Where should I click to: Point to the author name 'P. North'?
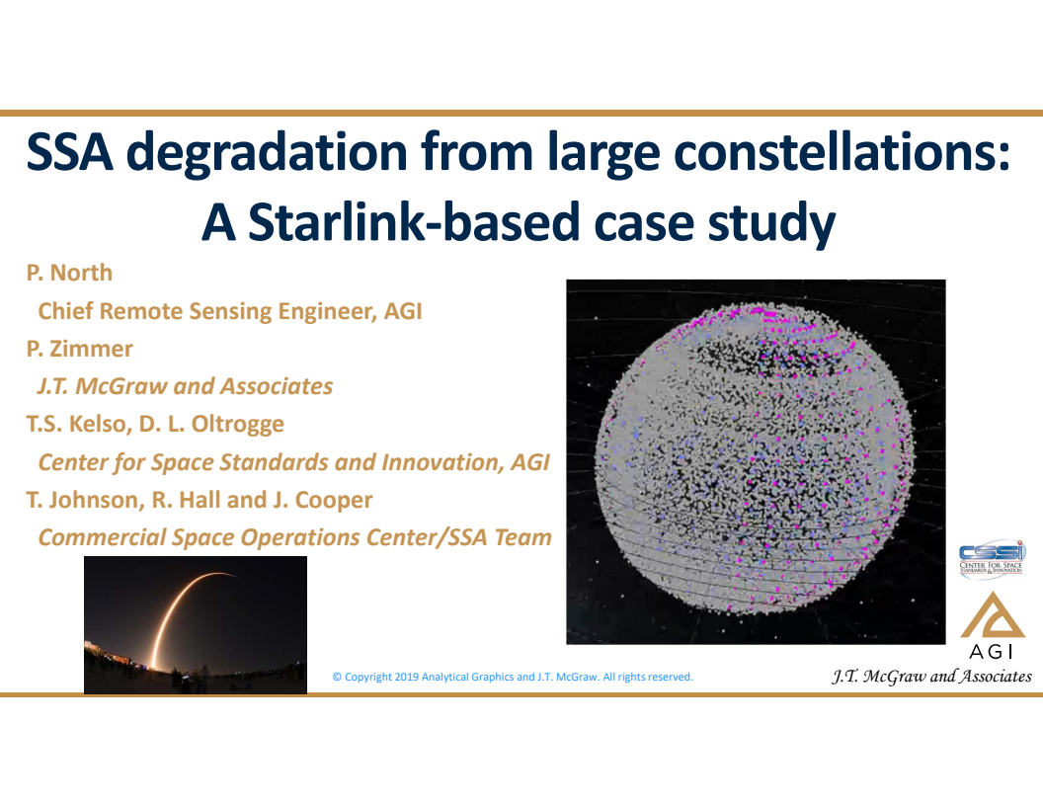(69, 273)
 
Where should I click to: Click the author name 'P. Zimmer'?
(79, 349)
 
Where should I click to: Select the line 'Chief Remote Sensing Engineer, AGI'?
(229, 311)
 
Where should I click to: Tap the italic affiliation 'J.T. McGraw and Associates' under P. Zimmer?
(185, 386)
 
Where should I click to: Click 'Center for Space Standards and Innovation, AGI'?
(293, 462)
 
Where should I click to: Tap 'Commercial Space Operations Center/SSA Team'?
(294, 537)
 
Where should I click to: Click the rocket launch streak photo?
(195, 624)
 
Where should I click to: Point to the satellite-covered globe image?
(756, 461)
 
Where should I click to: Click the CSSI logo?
(992, 559)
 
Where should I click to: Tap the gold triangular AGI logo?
(993, 616)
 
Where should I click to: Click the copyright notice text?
(512, 678)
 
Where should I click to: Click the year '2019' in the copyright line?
(406, 678)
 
